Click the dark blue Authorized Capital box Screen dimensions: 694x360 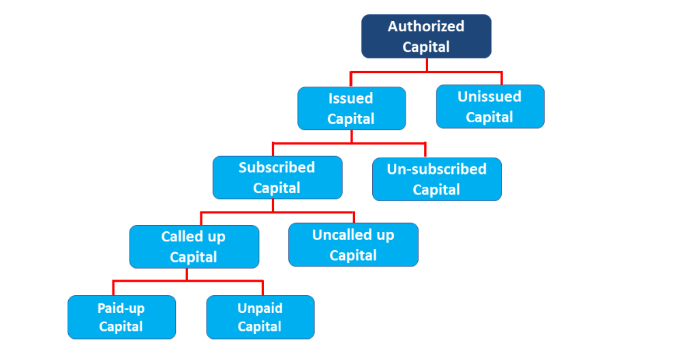coord(426,36)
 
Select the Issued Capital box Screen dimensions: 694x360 coord(351,108)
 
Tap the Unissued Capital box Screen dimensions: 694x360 coord(490,107)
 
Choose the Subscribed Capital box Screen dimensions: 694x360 coord(277,177)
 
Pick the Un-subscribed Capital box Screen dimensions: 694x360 coord(437,179)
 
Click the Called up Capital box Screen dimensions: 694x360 coord(194,247)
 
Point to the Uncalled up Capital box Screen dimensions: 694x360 coord(353,244)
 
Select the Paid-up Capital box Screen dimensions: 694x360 coord(122,318)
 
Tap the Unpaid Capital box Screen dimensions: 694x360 coord(260,318)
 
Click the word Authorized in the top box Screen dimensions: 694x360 coord(426,26)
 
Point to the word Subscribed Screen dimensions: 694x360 coord(277,167)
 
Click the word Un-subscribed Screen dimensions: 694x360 coord(436,169)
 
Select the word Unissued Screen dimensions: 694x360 coord(489,97)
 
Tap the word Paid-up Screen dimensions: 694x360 coord(121,309)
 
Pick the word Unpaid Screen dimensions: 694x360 coord(260,309)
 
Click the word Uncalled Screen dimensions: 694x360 coord(342,235)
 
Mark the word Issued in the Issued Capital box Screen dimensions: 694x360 coord(350,98)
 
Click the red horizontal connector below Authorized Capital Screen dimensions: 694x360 coord(426,72)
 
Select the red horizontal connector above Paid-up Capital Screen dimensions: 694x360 coord(188,281)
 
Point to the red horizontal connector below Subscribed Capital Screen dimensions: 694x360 coord(277,213)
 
